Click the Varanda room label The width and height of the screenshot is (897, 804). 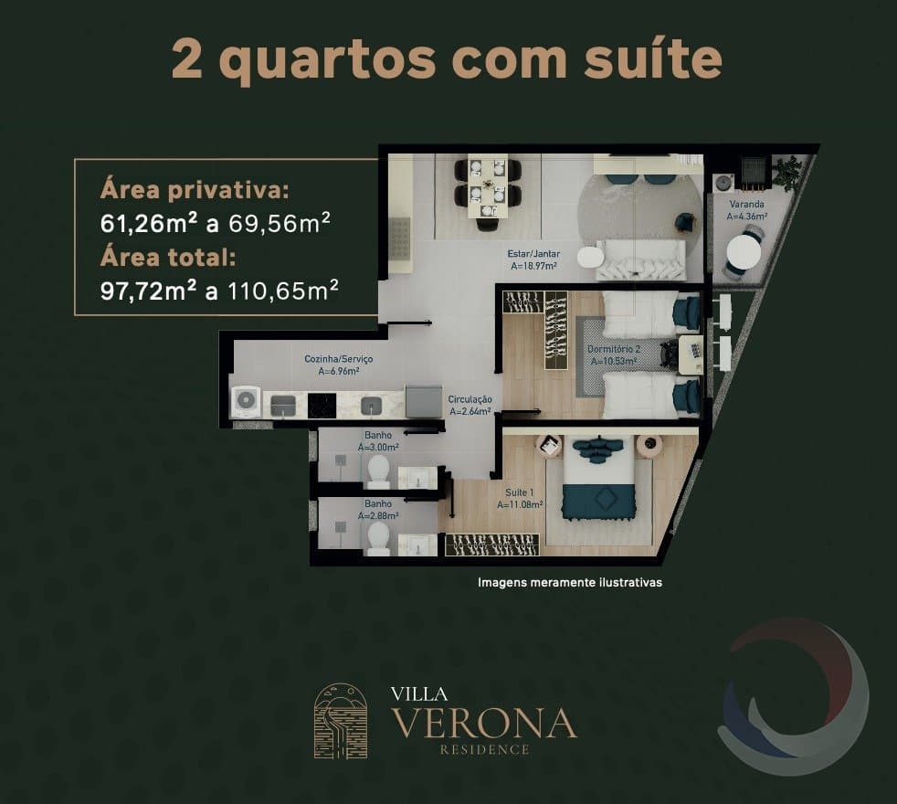click(x=746, y=205)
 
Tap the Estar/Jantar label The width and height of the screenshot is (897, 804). click(x=533, y=253)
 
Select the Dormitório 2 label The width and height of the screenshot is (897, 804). click(x=614, y=349)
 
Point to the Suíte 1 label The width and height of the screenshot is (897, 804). click(x=520, y=492)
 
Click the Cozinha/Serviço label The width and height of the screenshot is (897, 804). click(x=339, y=359)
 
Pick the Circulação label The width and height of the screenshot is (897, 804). click(x=470, y=399)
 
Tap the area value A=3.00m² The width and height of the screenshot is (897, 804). click(x=378, y=448)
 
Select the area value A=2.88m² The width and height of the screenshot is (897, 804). click(x=378, y=515)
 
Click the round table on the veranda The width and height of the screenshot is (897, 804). click(x=744, y=251)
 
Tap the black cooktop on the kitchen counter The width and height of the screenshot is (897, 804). click(x=322, y=405)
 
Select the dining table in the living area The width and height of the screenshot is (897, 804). click(x=488, y=185)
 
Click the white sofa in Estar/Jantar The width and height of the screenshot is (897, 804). click(x=640, y=260)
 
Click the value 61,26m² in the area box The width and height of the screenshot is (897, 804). click(x=149, y=223)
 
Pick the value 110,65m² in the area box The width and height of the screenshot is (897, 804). click(x=283, y=291)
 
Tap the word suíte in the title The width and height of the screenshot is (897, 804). click(x=653, y=58)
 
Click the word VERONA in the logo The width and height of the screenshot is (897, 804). click(x=484, y=722)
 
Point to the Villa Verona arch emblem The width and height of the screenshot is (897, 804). click(x=341, y=721)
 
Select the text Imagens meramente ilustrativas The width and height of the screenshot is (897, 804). click(x=570, y=583)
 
